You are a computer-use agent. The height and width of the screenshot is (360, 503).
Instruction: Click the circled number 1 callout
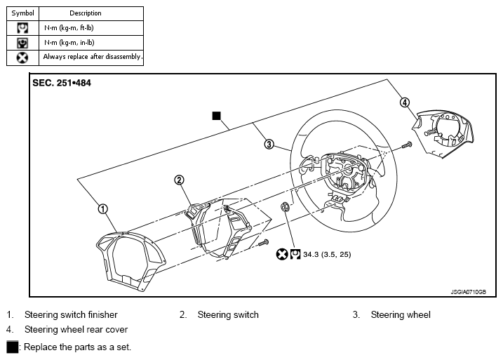[102, 209]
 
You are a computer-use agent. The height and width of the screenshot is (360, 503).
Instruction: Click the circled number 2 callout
[179, 180]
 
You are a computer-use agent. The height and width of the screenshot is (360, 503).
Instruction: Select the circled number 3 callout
[269, 144]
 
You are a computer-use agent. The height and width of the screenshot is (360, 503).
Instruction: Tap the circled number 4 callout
[405, 102]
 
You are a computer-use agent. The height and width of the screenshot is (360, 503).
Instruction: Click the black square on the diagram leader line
[217, 116]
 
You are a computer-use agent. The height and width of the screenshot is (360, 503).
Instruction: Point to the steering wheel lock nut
[285, 207]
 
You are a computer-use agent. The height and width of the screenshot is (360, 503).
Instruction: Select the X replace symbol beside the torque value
[282, 255]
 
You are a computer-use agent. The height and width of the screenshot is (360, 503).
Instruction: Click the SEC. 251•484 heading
[62, 83]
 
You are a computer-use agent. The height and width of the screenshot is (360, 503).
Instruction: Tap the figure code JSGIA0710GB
[469, 292]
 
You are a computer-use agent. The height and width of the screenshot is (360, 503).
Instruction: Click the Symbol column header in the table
[22, 13]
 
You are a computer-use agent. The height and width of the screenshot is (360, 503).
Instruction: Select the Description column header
[86, 13]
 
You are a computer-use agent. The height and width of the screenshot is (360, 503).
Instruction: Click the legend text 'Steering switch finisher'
[71, 315]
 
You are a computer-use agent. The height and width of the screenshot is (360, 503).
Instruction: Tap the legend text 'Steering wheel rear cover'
[76, 330]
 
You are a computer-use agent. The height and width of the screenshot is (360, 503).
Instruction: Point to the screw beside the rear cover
[407, 145]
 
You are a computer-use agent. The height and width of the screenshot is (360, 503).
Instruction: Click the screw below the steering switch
[264, 243]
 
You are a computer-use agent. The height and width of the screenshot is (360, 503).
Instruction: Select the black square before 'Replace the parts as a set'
[13, 347]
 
